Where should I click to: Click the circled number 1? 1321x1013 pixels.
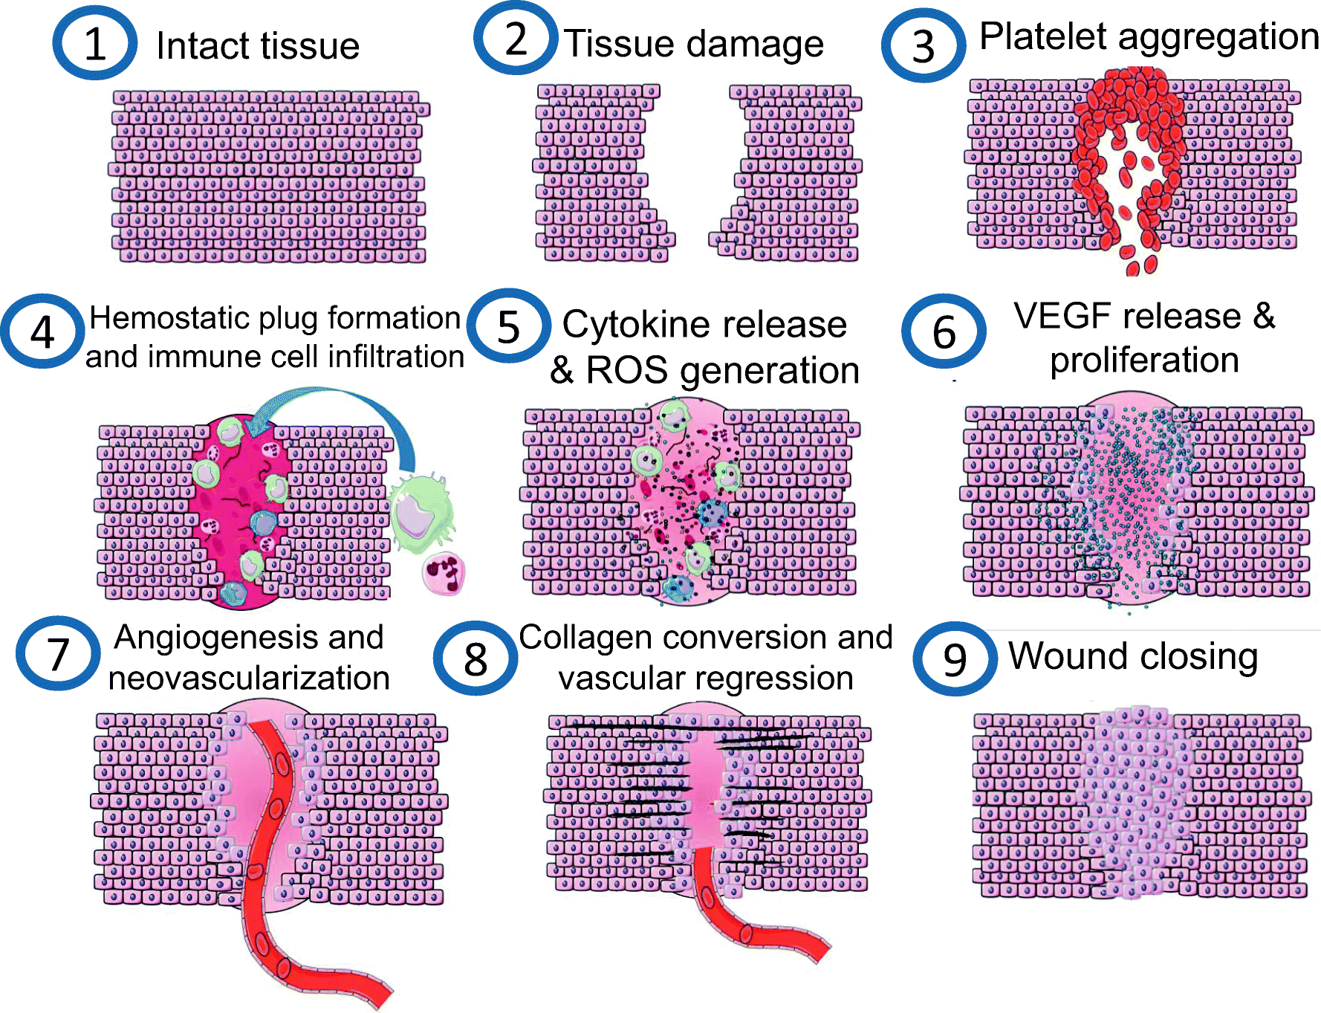click(x=94, y=44)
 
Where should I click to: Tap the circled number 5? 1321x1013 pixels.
click(x=508, y=327)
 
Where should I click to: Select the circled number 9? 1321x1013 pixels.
click(x=955, y=659)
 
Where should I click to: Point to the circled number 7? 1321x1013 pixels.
click(x=58, y=654)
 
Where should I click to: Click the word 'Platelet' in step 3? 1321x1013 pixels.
click(x=1042, y=36)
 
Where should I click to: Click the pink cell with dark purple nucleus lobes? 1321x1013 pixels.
click(x=444, y=573)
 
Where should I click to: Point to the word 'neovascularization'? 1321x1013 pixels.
click(x=249, y=679)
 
